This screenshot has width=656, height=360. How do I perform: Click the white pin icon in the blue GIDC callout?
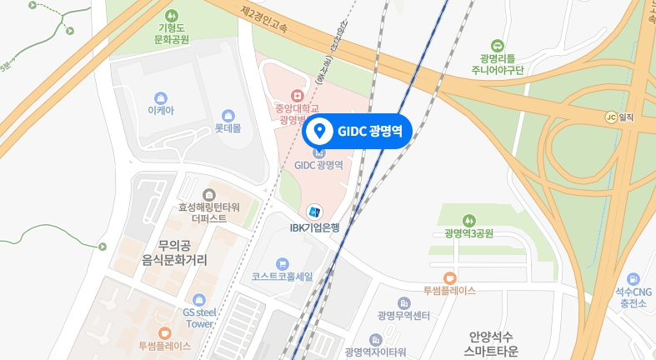coord(318,131)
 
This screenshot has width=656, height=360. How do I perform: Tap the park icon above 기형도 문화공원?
coord(173,15)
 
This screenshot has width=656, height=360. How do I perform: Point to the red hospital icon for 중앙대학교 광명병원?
coord(293,96)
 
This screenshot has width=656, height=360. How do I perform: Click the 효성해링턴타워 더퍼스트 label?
coord(208,212)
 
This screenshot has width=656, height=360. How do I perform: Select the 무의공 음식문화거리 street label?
coord(174,252)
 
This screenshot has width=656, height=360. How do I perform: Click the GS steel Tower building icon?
coord(198,300)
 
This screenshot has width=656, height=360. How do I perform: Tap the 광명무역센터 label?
coord(403,315)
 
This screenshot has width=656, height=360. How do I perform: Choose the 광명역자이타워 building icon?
coord(375,339)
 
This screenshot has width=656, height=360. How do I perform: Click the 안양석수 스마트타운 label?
coord(493,344)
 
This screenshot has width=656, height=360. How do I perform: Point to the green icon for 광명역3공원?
coord(469,219)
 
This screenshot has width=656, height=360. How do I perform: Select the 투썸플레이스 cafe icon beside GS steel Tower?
coord(164,332)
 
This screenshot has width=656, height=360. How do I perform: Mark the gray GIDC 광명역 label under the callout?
coord(318,165)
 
